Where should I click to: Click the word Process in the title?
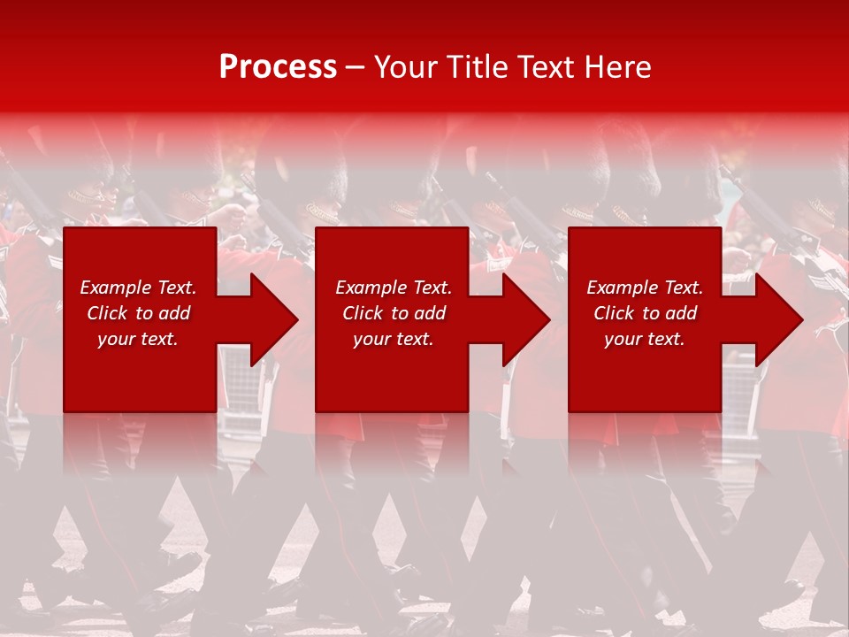(278, 67)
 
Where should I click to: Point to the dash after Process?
(356, 68)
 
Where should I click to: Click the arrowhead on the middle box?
(525, 319)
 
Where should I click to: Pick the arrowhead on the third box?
(777, 319)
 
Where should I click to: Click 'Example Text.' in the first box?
(138, 288)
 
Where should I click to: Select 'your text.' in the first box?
(138, 339)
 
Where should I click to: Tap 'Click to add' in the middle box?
(394, 313)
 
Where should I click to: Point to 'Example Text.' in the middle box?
(394, 288)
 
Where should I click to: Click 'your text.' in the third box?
(645, 339)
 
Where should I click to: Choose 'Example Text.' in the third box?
(645, 288)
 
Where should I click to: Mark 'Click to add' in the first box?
(138, 313)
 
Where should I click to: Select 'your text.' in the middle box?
(394, 339)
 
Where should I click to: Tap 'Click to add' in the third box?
(645, 313)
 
